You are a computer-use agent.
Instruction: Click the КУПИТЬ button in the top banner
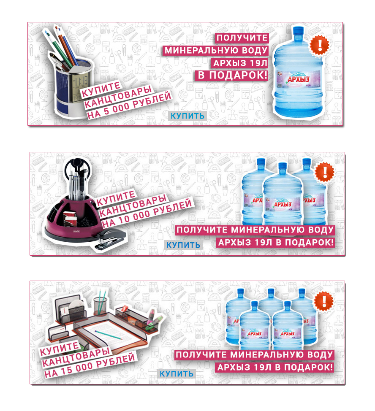point(187,116)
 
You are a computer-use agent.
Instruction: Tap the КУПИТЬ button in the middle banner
point(183,245)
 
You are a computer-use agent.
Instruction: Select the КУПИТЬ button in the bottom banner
point(177,374)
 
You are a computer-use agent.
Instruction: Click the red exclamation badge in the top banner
point(319,45)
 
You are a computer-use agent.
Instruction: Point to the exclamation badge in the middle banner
point(325,173)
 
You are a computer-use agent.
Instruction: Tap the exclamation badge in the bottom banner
point(324,301)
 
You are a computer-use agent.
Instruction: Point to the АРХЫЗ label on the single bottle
point(299,79)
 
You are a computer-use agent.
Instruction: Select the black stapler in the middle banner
point(110,238)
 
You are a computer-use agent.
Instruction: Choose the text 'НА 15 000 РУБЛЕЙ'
point(90,365)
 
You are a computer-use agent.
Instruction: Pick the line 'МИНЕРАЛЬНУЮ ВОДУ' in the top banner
point(216,50)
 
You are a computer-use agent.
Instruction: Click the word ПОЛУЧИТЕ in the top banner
point(242,38)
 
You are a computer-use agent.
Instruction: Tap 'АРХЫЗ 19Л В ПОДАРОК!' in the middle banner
point(276,243)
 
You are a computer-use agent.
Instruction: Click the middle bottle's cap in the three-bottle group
point(283,167)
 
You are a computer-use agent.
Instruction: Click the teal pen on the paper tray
point(109,335)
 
